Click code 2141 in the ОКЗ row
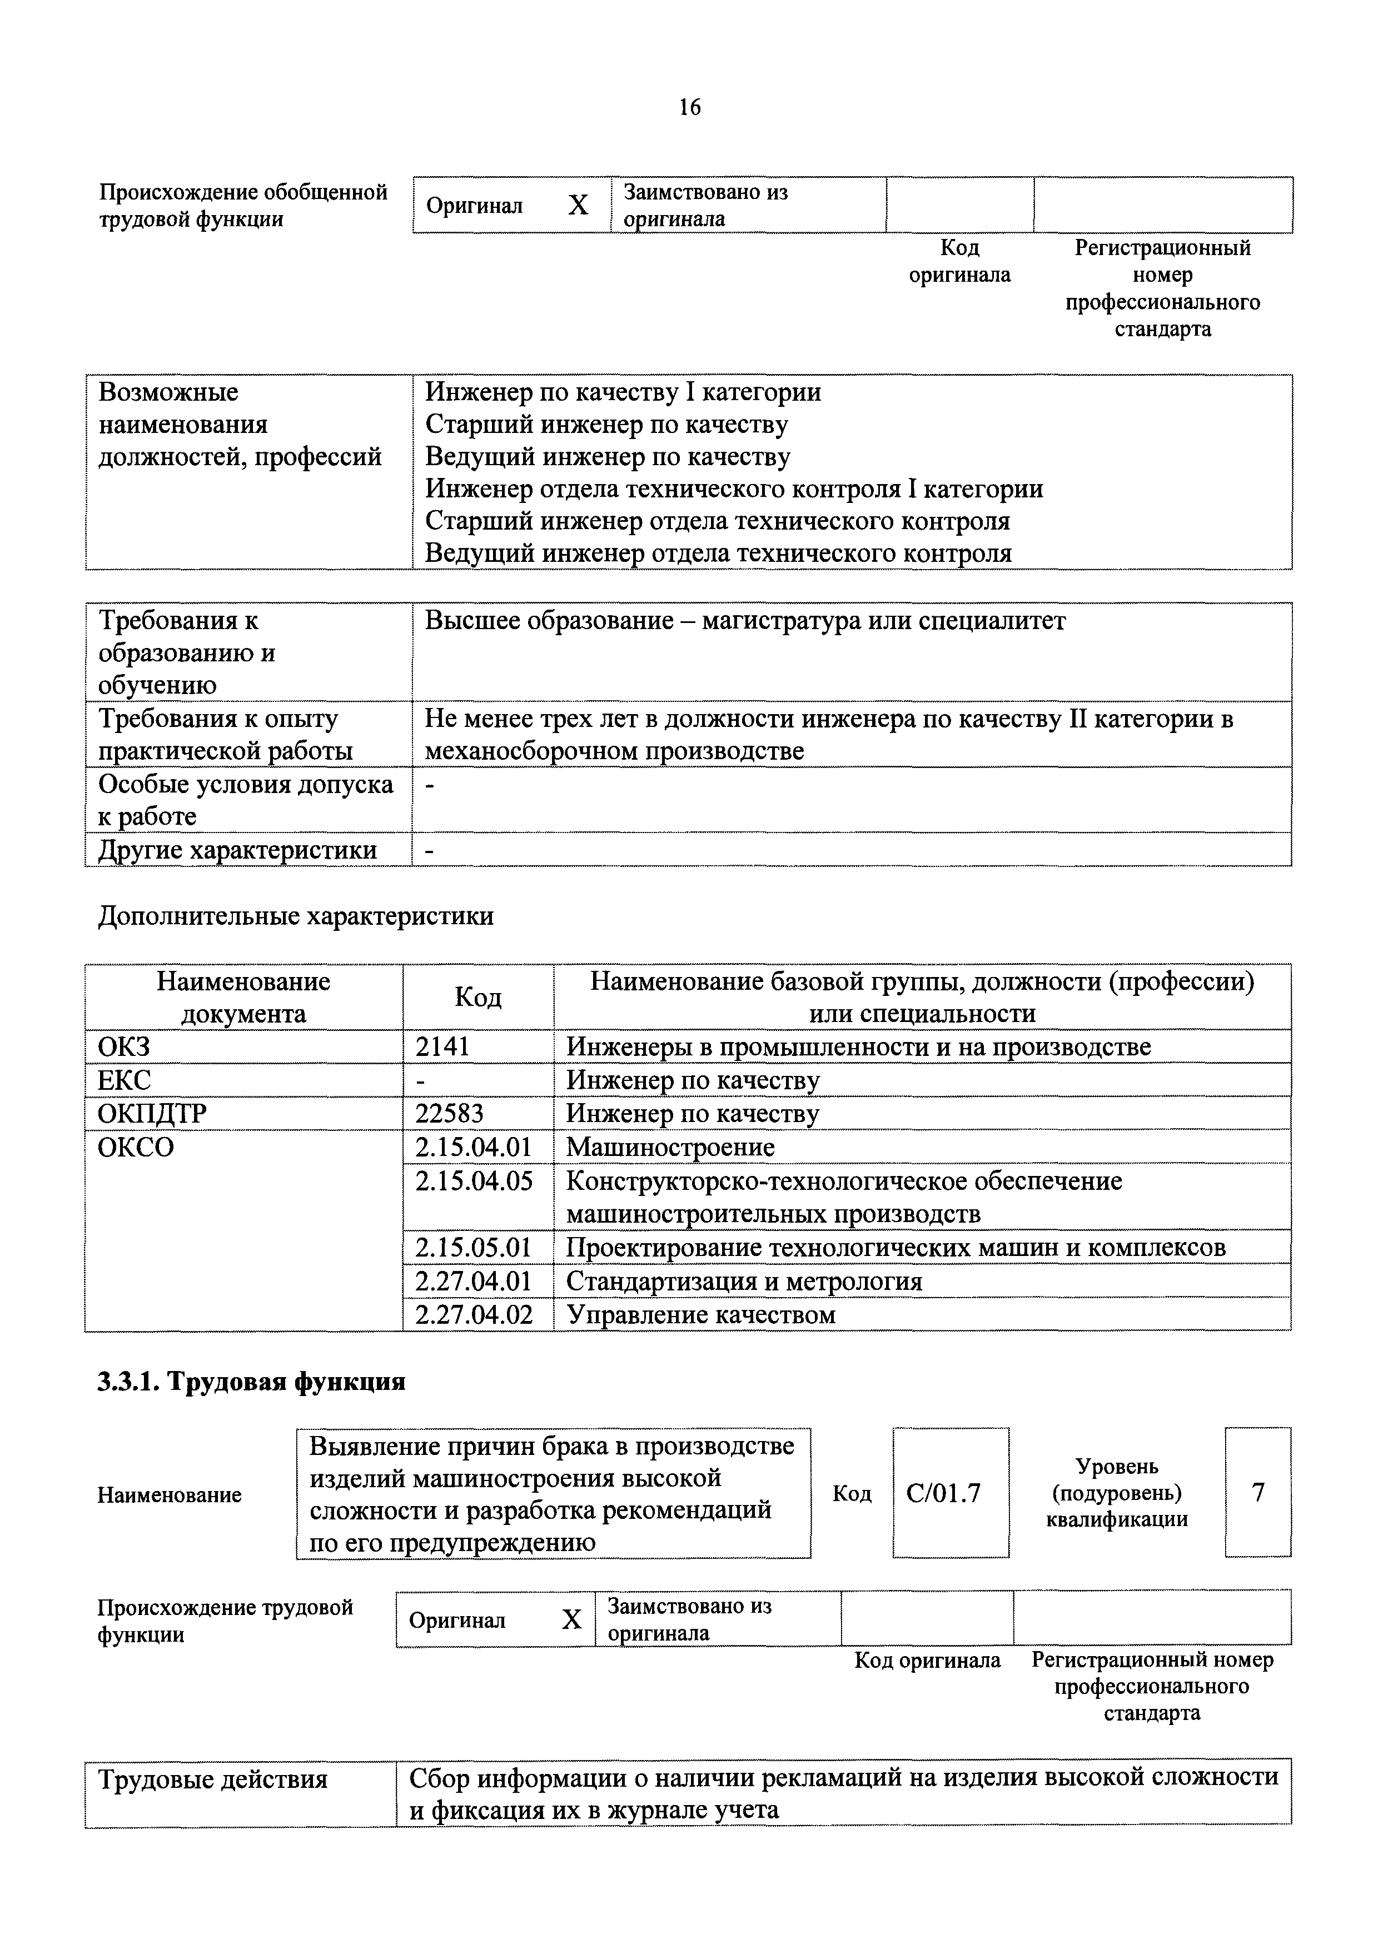pos(442,1046)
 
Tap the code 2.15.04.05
pos(474,1181)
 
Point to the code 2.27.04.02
pos(474,1315)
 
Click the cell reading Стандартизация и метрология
pos(744,1281)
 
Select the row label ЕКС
pos(125,1080)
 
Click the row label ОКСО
pos(136,1147)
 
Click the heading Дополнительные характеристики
pos(296,916)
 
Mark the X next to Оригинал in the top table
pos(578,206)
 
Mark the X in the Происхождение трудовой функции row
pos(571,1619)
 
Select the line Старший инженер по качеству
pos(606,425)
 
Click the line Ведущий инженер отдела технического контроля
pos(718,554)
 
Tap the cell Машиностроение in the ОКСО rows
pos(670,1147)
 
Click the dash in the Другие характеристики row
pos(430,850)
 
